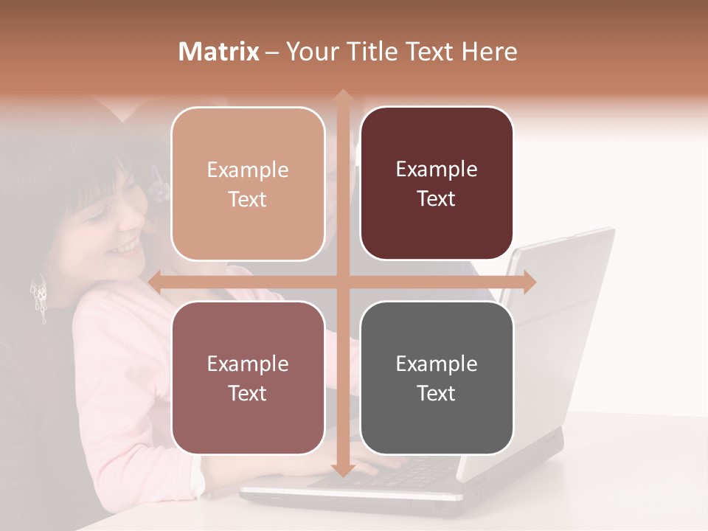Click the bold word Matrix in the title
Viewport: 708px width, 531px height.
(x=219, y=52)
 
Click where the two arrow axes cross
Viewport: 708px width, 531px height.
(x=342, y=282)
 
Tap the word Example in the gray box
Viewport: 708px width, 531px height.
(x=437, y=364)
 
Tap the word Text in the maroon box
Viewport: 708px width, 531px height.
(x=437, y=199)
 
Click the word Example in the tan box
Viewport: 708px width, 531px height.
(x=248, y=170)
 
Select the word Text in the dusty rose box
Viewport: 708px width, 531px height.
(x=248, y=393)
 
